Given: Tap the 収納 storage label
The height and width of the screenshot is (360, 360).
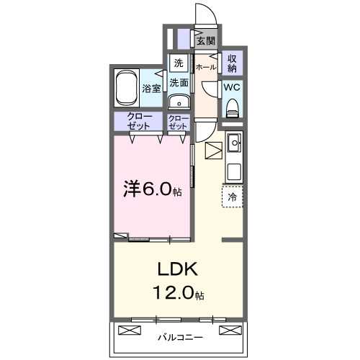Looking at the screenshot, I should click(233, 63).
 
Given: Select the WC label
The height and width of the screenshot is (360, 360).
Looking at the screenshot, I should click(232, 86).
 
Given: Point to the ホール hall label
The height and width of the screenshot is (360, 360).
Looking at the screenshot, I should click(205, 67).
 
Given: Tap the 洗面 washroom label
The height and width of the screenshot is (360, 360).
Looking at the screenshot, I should click(179, 83).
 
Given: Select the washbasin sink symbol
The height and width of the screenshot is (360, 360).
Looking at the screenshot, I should click(179, 102).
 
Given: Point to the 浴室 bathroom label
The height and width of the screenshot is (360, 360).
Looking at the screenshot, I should click(151, 90).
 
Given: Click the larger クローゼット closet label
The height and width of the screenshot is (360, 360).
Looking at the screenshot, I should click(139, 122).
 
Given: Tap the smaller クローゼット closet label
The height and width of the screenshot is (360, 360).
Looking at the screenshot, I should click(178, 122).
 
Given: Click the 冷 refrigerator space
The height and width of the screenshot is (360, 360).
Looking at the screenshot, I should click(233, 196).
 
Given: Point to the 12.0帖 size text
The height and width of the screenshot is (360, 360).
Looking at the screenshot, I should click(176, 294).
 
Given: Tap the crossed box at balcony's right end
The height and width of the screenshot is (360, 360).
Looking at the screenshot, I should click(229, 330).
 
